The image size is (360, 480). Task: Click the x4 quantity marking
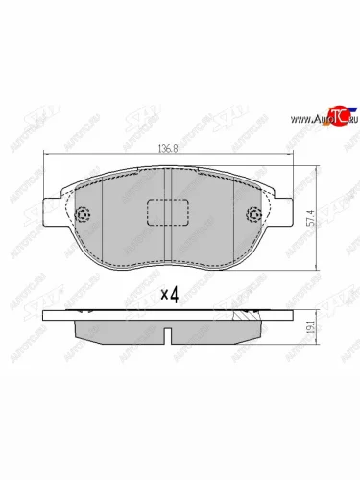(x=170, y=295)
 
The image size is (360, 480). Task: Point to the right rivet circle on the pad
(x=253, y=215)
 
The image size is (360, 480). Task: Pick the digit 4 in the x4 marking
(x=176, y=295)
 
